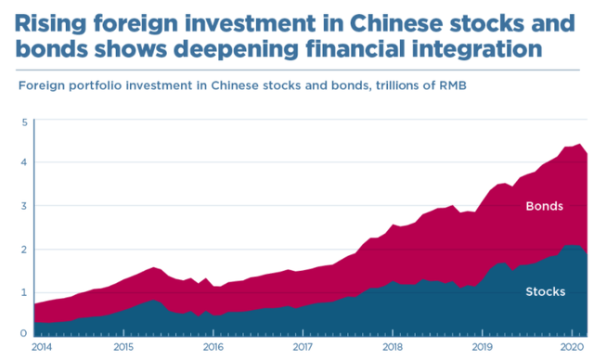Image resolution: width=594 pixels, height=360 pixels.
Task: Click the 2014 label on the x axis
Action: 42,347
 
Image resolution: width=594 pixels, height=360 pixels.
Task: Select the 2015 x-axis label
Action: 123,347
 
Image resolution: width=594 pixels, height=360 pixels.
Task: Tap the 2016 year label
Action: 213,347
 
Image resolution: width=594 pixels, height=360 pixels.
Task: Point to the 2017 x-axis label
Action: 303,347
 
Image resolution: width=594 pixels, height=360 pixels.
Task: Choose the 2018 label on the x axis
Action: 393,347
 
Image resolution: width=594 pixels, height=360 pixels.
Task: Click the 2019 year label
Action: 483,347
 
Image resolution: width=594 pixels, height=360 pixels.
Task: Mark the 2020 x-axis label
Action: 572,347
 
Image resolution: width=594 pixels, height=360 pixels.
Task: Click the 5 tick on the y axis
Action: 25,122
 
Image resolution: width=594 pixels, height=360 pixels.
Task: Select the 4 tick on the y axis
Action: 25,162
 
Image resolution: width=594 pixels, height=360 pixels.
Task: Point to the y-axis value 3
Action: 25,206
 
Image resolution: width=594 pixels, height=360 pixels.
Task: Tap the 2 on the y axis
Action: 25,250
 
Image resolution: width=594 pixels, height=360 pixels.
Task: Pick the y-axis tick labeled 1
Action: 25,292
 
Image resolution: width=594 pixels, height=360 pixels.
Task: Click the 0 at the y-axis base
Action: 24,333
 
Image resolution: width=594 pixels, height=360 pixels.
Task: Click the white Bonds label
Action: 545,206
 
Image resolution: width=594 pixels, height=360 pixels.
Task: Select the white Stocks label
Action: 546,291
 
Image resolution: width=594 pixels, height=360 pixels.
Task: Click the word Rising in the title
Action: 51,24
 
